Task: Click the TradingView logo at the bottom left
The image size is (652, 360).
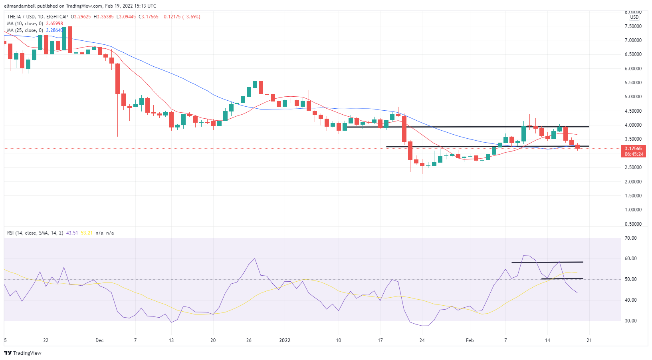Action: click(x=23, y=353)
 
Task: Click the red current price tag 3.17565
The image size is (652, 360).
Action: click(x=633, y=149)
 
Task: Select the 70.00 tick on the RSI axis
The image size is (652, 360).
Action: click(x=631, y=238)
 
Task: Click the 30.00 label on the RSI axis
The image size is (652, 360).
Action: click(x=631, y=321)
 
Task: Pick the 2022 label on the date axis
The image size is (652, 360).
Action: click(x=285, y=340)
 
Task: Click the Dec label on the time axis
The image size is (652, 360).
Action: click(x=99, y=340)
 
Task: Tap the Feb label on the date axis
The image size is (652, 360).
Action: click(x=470, y=340)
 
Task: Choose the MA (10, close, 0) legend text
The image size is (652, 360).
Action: click(x=25, y=24)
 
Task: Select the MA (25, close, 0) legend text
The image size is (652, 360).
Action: click(x=25, y=30)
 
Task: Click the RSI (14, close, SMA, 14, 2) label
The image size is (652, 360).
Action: click(x=35, y=233)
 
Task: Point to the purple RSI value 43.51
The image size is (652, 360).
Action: click(x=72, y=233)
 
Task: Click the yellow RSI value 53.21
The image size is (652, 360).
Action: click(x=87, y=233)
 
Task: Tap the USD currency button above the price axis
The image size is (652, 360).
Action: click(x=634, y=17)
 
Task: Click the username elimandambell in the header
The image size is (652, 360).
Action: click(x=20, y=6)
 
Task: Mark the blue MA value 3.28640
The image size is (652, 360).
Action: click(x=54, y=30)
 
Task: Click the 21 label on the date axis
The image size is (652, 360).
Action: click(x=589, y=340)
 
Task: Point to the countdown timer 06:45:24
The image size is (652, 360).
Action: click(x=634, y=154)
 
